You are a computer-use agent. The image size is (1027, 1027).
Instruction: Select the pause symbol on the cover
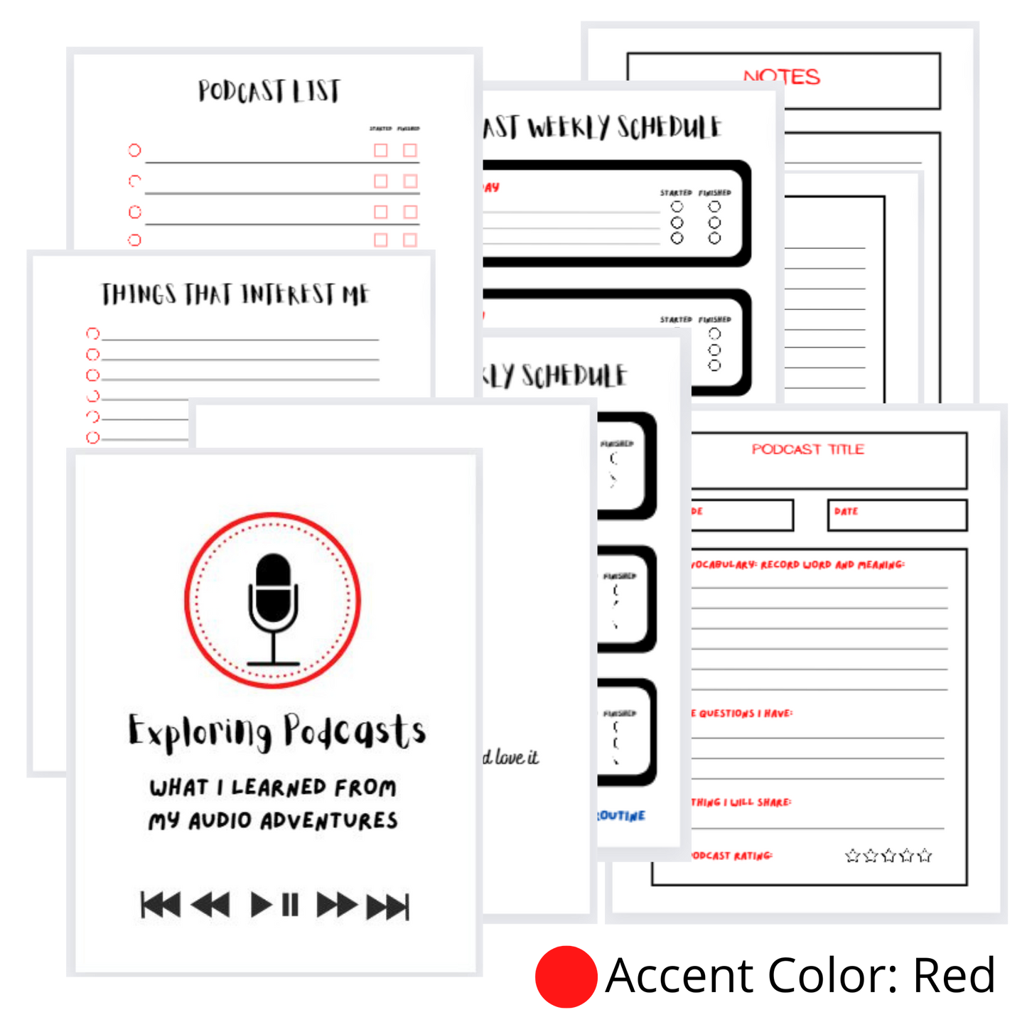coord(290,905)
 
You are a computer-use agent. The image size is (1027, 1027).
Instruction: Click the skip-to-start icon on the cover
coord(161,905)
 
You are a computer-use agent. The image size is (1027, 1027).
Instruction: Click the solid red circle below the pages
coord(566,977)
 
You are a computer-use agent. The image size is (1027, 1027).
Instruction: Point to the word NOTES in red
coord(782,77)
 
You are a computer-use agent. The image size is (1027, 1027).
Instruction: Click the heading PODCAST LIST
coord(269,91)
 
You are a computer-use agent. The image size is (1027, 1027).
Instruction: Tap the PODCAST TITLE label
coord(808,449)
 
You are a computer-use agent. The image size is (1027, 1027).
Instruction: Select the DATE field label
coord(846,511)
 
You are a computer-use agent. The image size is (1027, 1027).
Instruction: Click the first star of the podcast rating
coord(852,856)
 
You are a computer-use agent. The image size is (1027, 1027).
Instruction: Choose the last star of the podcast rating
coord(925,856)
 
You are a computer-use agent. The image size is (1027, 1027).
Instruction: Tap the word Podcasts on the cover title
coord(355,731)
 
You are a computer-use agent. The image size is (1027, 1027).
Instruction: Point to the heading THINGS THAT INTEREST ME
coord(235,294)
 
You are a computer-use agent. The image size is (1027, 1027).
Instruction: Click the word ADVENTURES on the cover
coord(329,821)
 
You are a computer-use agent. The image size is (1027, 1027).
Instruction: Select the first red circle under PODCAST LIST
coord(134,150)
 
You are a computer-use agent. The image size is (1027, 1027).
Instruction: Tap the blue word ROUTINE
coord(621,815)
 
